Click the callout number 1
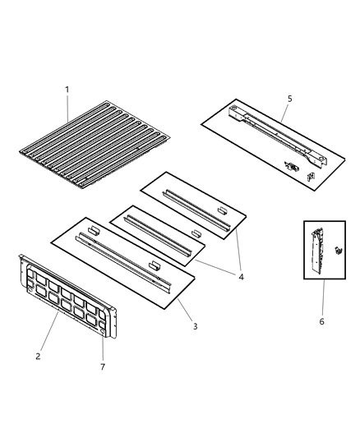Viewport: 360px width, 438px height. point(67,89)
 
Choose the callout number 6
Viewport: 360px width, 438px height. point(321,321)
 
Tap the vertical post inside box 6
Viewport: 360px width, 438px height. point(314,251)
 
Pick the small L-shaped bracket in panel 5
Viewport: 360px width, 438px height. point(312,175)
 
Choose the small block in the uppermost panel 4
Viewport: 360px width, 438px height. point(221,210)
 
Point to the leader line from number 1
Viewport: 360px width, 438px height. point(69,108)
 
